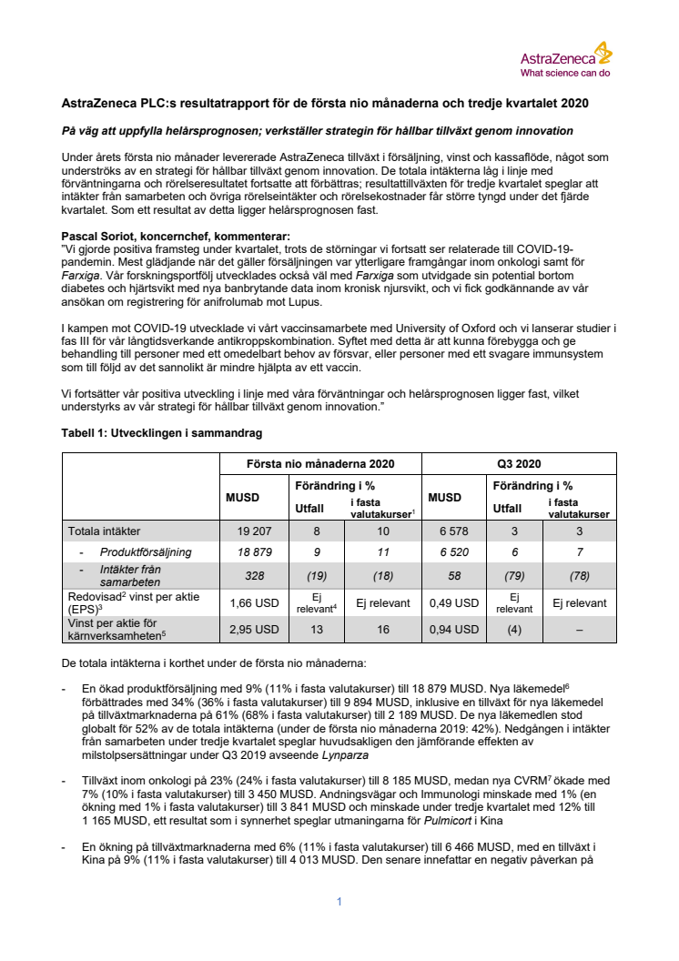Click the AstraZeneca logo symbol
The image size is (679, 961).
click(603, 51)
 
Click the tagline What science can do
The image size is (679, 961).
click(564, 73)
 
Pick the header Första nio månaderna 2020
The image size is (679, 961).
click(320, 462)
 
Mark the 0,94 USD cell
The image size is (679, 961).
click(451, 627)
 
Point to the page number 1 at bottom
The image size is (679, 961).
click(339, 902)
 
